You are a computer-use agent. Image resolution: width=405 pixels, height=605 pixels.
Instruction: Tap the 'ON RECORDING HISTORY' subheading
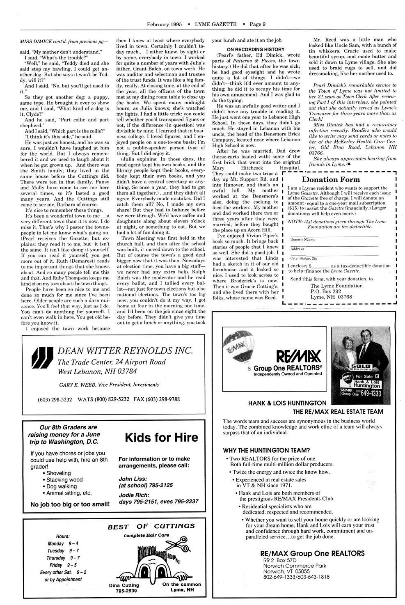click(x=256, y=50)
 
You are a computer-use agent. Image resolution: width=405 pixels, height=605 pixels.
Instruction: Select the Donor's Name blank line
click(x=333, y=237)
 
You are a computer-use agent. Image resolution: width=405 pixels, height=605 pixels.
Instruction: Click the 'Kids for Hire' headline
click(x=161, y=437)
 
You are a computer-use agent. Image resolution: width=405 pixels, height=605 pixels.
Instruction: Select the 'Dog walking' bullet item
click(x=62, y=486)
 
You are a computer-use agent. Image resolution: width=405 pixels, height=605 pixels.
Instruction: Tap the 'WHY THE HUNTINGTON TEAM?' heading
click(x=266, y=450)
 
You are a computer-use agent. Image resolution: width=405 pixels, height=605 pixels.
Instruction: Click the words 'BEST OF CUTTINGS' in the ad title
click(x=151, y=526)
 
